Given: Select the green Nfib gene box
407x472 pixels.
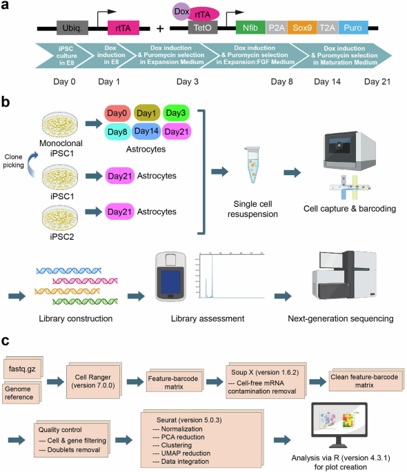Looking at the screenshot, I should pyautogui.click(x=248, y=29).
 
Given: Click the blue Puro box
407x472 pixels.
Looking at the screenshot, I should pyautogui.click(x=353, y=29).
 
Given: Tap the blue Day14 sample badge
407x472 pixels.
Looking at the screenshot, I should pyautogui.click(x=147, y=131).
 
